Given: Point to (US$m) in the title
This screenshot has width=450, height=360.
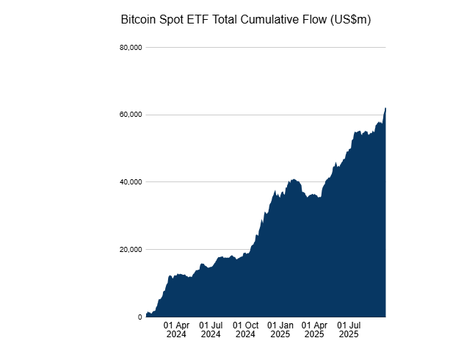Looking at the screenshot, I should [351, 20].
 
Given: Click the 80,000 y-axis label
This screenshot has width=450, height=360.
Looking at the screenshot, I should [130, 48].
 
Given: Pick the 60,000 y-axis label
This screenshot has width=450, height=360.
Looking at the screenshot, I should [130, 115].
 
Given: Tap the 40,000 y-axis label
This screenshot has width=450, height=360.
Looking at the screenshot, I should [130, 182].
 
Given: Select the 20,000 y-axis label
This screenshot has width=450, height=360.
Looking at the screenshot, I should [130, 250].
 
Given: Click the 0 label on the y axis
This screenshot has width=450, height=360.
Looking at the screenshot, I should [139, 317].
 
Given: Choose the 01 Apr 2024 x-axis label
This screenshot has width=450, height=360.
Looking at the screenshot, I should [176, 329].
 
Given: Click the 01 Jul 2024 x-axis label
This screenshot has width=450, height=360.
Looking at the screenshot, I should [211, 329].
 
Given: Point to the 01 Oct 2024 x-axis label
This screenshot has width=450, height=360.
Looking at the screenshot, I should [245, 329].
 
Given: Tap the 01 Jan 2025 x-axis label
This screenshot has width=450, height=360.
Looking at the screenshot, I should [280, 329].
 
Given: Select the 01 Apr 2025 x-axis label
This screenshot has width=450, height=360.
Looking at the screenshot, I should [314, 329].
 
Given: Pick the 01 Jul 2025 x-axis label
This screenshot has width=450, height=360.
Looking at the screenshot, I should [349, 329].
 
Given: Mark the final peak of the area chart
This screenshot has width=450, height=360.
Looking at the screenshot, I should [385, 108].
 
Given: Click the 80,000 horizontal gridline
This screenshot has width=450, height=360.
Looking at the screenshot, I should [264, 48].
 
